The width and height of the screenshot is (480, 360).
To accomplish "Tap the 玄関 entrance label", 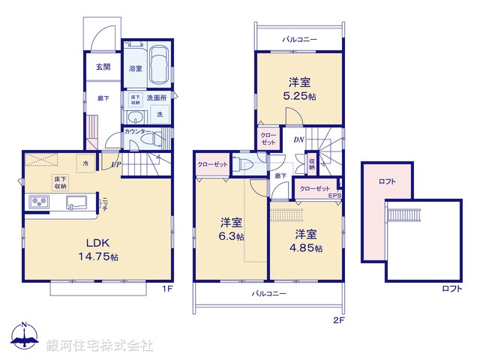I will point(103,67).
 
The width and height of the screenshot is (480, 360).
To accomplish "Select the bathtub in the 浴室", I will point(160,66).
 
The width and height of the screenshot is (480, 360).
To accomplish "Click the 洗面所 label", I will point(157,98).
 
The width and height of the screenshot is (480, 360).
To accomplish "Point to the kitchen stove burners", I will point(39,202).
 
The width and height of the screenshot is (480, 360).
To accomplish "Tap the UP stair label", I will point(115,163).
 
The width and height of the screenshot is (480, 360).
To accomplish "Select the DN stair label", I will point(298,139).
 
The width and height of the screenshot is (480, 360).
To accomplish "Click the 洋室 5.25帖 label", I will point(300,88).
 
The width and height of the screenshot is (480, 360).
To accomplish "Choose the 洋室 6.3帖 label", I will point(231,229).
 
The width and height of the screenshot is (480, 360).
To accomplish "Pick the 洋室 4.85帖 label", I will point(307,240).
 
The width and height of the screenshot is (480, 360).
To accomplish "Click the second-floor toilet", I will point(241,164).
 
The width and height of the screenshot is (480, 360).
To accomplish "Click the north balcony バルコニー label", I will point(300,38).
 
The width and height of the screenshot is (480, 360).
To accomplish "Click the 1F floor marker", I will point(169,289).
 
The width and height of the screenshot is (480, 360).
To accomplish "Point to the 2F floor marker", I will point(338,319).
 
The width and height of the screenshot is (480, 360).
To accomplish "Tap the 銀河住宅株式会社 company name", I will point(100,346).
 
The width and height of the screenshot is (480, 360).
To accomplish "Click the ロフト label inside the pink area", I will point(388,181).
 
